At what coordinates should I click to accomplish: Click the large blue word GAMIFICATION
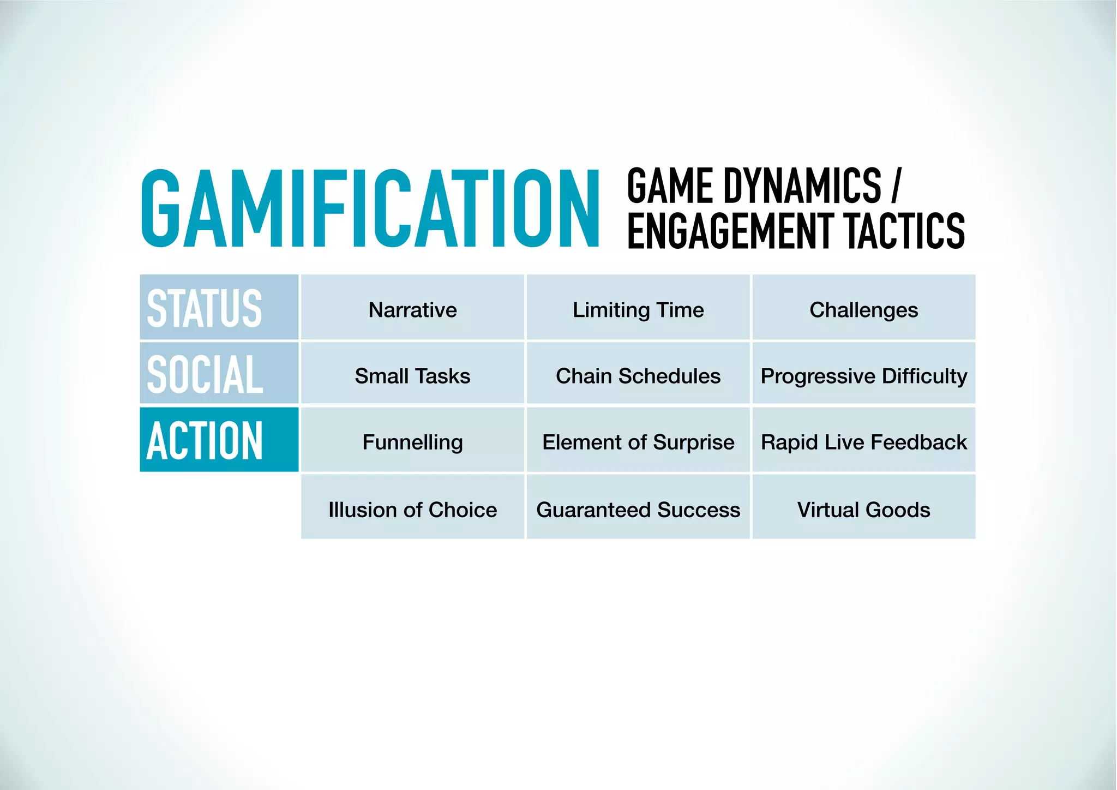pos(370,208)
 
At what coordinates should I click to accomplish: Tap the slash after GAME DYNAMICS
pos(896,186)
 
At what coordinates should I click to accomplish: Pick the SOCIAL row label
pos(205,374)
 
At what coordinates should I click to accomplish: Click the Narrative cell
pos(412,310)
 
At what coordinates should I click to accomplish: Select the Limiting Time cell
pos(638,310)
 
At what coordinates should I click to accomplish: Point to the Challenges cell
pos(864,310)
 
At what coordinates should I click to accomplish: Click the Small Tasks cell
pos(412,376)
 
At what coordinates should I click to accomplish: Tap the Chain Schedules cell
pos(638,376)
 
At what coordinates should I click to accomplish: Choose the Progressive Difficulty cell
pos(864,376)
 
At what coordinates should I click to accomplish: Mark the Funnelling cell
pos(412,442)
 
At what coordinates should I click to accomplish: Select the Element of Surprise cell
pos(638,442)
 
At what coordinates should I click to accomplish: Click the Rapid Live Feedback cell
pos(864,442)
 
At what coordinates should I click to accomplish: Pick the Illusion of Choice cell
pos(412,510)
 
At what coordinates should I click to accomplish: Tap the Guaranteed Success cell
pos(638,510)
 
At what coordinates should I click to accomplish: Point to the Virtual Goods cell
pos(864,510)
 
